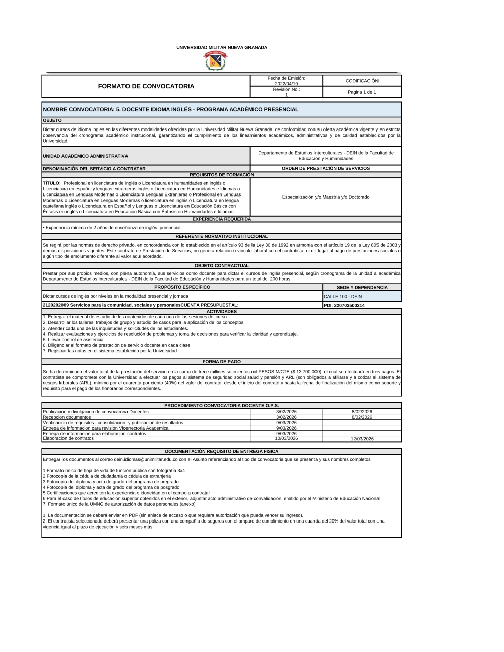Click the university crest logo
tap(215, 61)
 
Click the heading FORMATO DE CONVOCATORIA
tap(146, 86)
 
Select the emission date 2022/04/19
tap(286, 84)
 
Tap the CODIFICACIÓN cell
tap(362, 81)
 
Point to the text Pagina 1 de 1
tap(362, 92)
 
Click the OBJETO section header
tap(53, 120)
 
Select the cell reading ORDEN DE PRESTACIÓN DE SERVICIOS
tap(326, 168)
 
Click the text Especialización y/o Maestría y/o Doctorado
tap(326, 197)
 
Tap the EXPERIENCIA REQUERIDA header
tap(222, 219)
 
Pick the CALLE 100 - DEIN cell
tap(343, 297)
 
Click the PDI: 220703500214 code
tap(344, 305)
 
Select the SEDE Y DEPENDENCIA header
tap(362, 287)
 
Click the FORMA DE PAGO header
tap(222, 362)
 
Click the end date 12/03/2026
tap(362, 439)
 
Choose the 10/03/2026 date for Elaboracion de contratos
tap(286, 438)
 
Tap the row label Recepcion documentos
tap(67, 417)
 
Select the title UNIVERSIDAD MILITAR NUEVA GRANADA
tap(222, 47)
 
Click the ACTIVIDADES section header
tap(222, 312)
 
